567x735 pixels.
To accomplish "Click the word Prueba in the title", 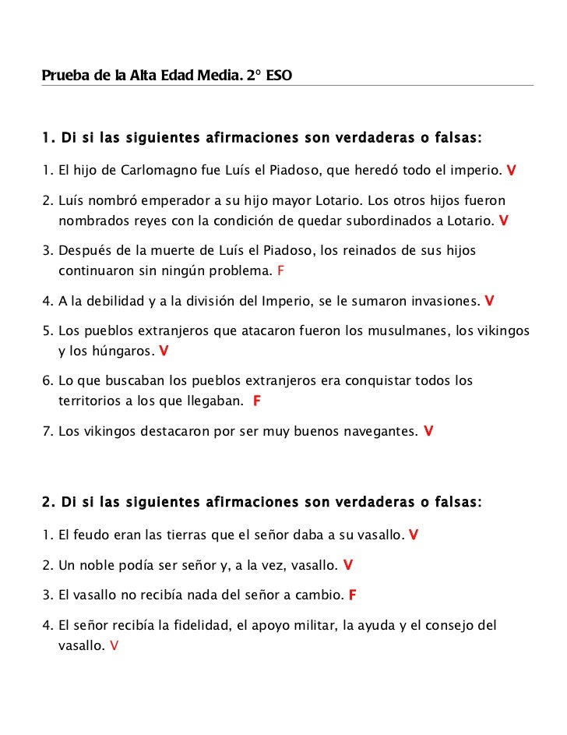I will [63, 76].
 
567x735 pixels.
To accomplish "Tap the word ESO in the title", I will [279, 76].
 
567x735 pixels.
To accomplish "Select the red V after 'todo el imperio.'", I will [511, 170].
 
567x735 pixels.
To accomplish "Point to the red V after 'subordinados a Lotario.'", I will [504, 221].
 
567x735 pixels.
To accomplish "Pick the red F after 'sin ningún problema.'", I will [281, 271].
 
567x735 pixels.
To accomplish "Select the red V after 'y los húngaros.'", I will [164, 352].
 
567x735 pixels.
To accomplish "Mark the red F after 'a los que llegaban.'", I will [257, 402].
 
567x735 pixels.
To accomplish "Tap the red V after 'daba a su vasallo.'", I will [414, 535].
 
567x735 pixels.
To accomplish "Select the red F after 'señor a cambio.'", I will [353, 595].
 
